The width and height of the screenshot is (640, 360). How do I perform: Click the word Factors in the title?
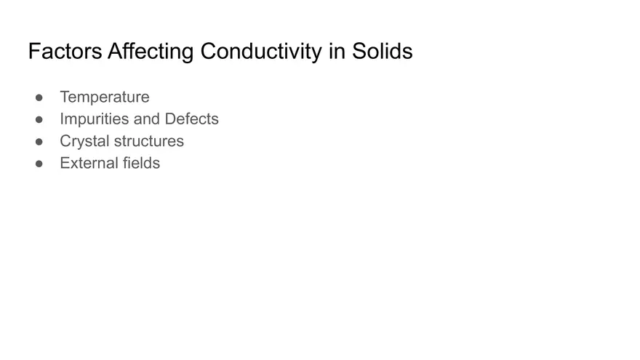(x=65, y=52)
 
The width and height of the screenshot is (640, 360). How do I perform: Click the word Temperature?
(x=104, y=97)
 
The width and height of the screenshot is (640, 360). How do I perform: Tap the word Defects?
(x=191, y=119)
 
